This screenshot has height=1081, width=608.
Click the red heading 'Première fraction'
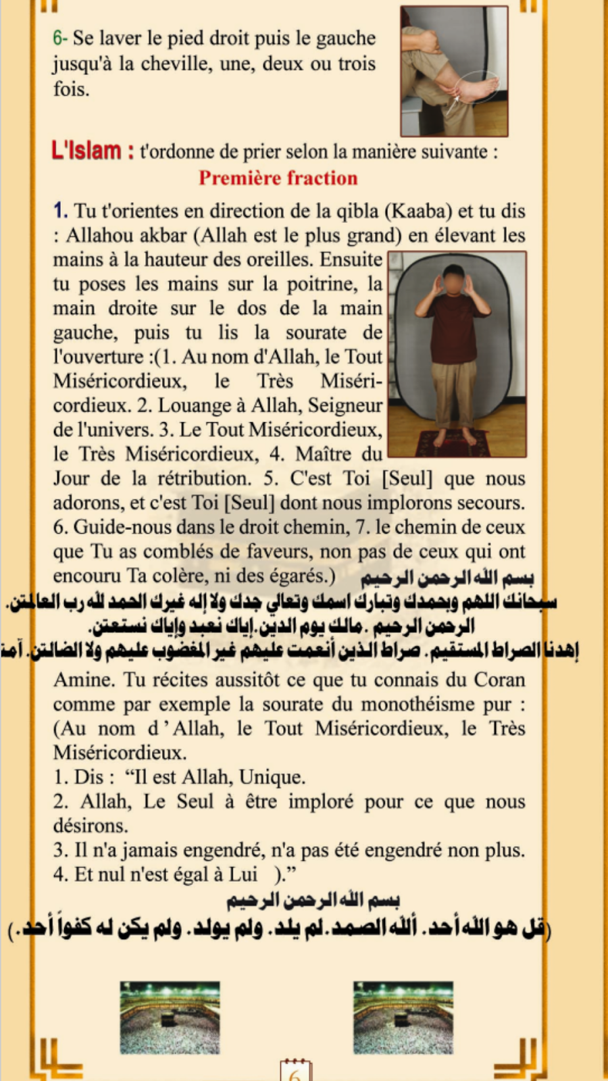pyautogui.click(x=278, y=178)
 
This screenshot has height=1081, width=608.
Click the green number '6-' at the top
pyautogui.click(x=59, y=38)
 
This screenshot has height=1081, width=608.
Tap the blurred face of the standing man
pyautogui.click(x=453, y=280)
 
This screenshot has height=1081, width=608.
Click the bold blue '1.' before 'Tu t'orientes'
pyautogui.click(x=60, y=211)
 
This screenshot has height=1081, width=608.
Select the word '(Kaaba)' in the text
pyautogui.click(x=419, y=211)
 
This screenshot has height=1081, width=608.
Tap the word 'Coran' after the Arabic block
pyautogui.click(x=499, y=680)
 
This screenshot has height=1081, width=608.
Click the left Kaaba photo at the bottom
pyautogui.click(x=170, y=1017)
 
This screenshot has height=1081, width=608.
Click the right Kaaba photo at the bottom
pyautogui.click(x=403, y=1017)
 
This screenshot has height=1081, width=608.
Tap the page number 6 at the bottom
pyautogui.click(x=295, y=1074)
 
